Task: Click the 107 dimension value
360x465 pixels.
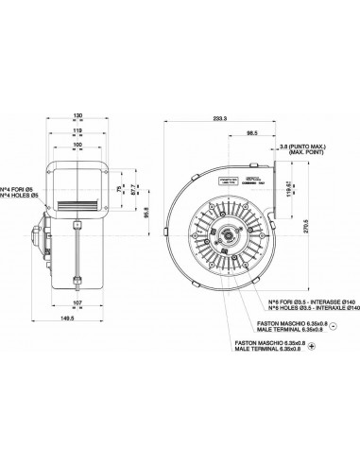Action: [x=77, y=303]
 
